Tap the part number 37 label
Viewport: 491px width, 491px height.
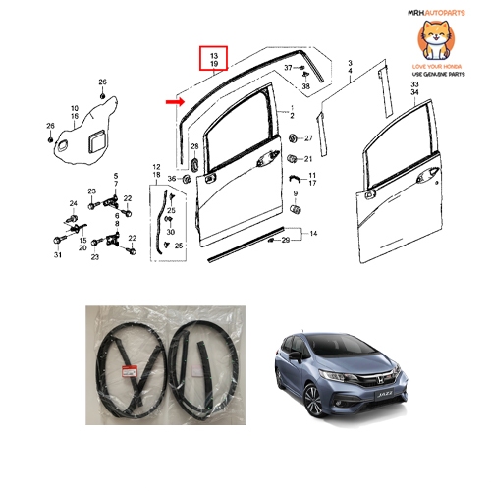tap(289, 68)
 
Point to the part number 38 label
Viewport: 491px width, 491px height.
tap(305, 87)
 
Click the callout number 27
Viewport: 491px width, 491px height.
tap(307, 137)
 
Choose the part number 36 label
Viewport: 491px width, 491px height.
tap(170, 178)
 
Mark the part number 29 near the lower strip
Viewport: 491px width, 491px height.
tap(286, 239)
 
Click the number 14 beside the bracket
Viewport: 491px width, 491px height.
tap(314, 234)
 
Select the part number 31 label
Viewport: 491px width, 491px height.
tap(57, 256)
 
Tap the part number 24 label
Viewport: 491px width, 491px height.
tap(72, 203)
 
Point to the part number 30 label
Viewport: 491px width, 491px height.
tap(171, 231)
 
